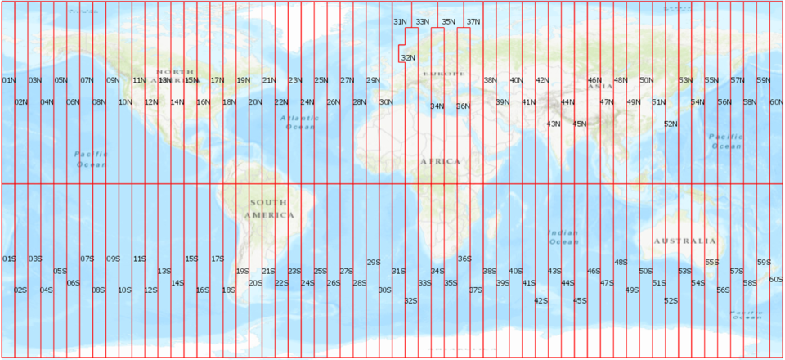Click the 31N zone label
[401, 21]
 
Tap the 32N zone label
[408, 57]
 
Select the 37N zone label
[473, 21]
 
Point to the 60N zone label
[777, 102]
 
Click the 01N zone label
[9, 80]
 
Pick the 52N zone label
[671, 124]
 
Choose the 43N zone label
[554, 124]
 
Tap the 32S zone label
[410, 300]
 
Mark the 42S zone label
[541, 300]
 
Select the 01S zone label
[9, 259]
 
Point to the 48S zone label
[621, 263]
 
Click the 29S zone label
[374, 263]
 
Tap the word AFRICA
[441, 161]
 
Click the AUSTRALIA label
[685, 241]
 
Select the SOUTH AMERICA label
[268, 209]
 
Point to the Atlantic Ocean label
[299, 122]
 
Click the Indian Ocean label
[563, 236]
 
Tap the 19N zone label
[244, 80]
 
